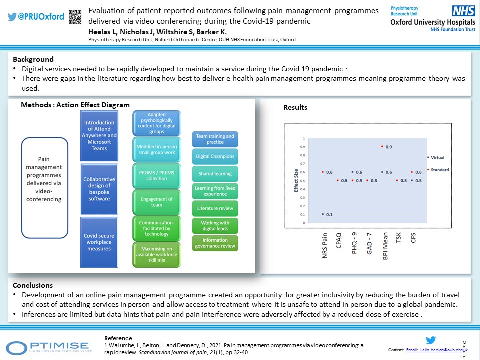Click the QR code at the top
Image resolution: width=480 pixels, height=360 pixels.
click(x=75, y=16)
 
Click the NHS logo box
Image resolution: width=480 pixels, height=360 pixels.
click(x=463, y=11)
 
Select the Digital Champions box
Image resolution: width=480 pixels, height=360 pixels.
click(x=215, y=156)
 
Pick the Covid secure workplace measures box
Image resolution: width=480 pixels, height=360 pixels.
click(x=99, y=242)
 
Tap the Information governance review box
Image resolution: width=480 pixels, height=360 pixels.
click(x=215, y=243)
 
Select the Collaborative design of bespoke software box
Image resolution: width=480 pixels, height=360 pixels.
click(x=99, y=189)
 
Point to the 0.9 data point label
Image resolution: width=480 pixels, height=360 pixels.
click(x=388, y=147)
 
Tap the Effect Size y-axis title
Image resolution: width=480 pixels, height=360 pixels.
click(x=296, y=180)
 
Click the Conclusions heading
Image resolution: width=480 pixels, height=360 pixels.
click(x=33, y=285)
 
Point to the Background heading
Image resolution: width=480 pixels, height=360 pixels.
click(x=33, y=59)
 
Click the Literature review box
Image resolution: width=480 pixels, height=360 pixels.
click(x=215, y=208)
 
